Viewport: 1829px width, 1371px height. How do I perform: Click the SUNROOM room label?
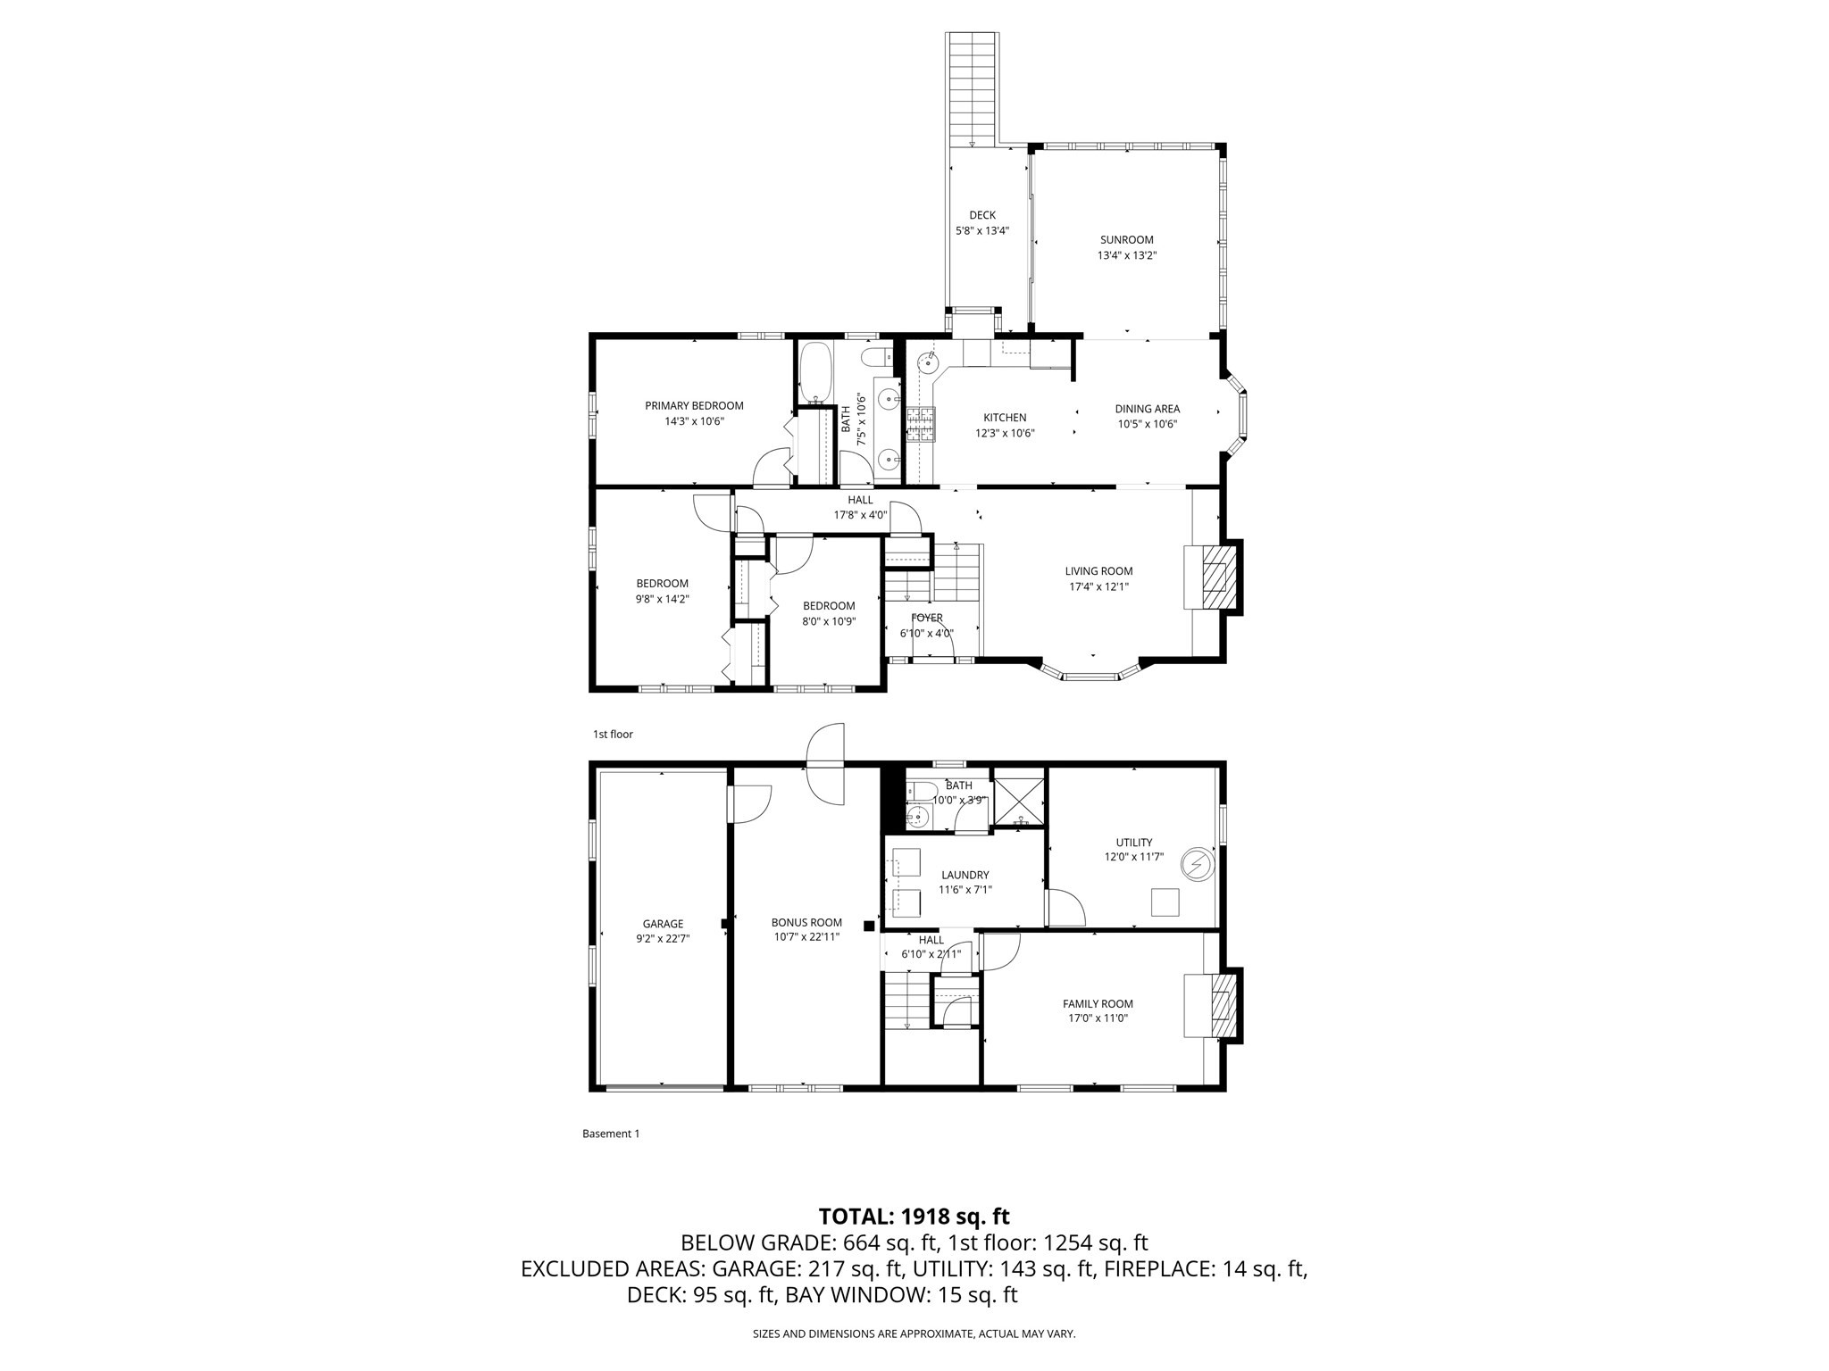click(x=1126, y=239)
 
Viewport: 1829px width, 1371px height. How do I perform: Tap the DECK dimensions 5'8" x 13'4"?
click(x=982, y=230)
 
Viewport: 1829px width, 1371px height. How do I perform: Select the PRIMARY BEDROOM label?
click(x=694, y=405)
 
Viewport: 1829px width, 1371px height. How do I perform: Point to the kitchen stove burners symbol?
click(x=920, y=425)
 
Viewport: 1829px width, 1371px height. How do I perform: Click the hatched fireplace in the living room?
click(x=1215, y=577)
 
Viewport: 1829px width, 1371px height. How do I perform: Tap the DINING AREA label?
click(x=1147, y=409)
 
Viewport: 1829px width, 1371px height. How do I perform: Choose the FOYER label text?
click(x=926, y=618)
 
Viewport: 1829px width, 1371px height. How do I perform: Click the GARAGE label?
click(x=663, y=924)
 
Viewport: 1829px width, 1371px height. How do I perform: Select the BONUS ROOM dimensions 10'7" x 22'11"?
click(x=806, y=937)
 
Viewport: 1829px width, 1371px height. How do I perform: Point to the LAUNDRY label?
click(x=965, y=875)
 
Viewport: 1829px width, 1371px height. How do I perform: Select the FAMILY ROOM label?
click(x=1098, y=1003)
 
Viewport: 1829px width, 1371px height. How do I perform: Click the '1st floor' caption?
click(x=613, y=734)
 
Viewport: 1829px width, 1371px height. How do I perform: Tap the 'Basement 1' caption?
click(x=611, y=1134)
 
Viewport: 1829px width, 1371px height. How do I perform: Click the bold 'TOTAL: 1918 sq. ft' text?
click(x=914, y=1216)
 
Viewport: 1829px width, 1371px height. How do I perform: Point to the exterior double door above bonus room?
click(x=824, y=764)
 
